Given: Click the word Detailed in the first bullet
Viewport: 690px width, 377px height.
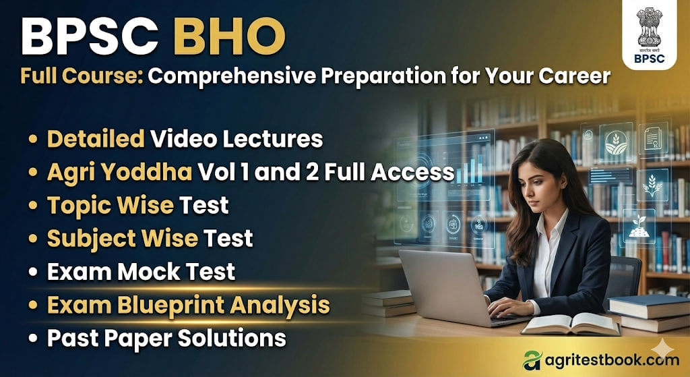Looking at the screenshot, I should point(96,139).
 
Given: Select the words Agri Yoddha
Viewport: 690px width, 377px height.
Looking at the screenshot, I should point(119,172).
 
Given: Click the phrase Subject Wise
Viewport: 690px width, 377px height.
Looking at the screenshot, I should point(122,238).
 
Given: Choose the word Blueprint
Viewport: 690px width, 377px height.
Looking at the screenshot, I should point(175,304).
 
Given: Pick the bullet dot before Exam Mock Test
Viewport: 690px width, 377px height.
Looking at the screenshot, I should point(32,272).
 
